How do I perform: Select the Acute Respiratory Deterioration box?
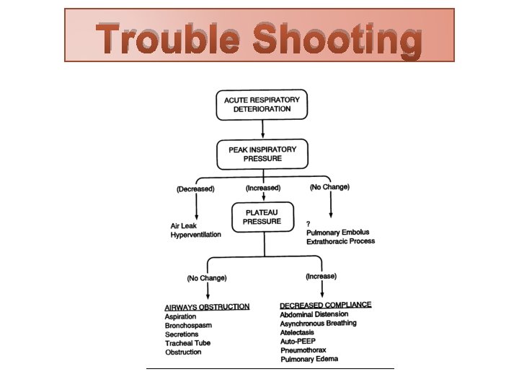262,104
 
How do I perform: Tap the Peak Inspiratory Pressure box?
262,153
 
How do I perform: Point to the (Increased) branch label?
262,188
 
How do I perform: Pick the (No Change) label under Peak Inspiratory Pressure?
329,187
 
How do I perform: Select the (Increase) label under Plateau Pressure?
321,276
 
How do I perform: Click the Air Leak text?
184,225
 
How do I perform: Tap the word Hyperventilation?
195,235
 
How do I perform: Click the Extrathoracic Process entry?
341,241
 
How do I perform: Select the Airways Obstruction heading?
207,307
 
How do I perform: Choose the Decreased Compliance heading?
325,305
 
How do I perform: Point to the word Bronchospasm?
189,326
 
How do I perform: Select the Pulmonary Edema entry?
309,359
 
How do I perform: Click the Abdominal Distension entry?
314,314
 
